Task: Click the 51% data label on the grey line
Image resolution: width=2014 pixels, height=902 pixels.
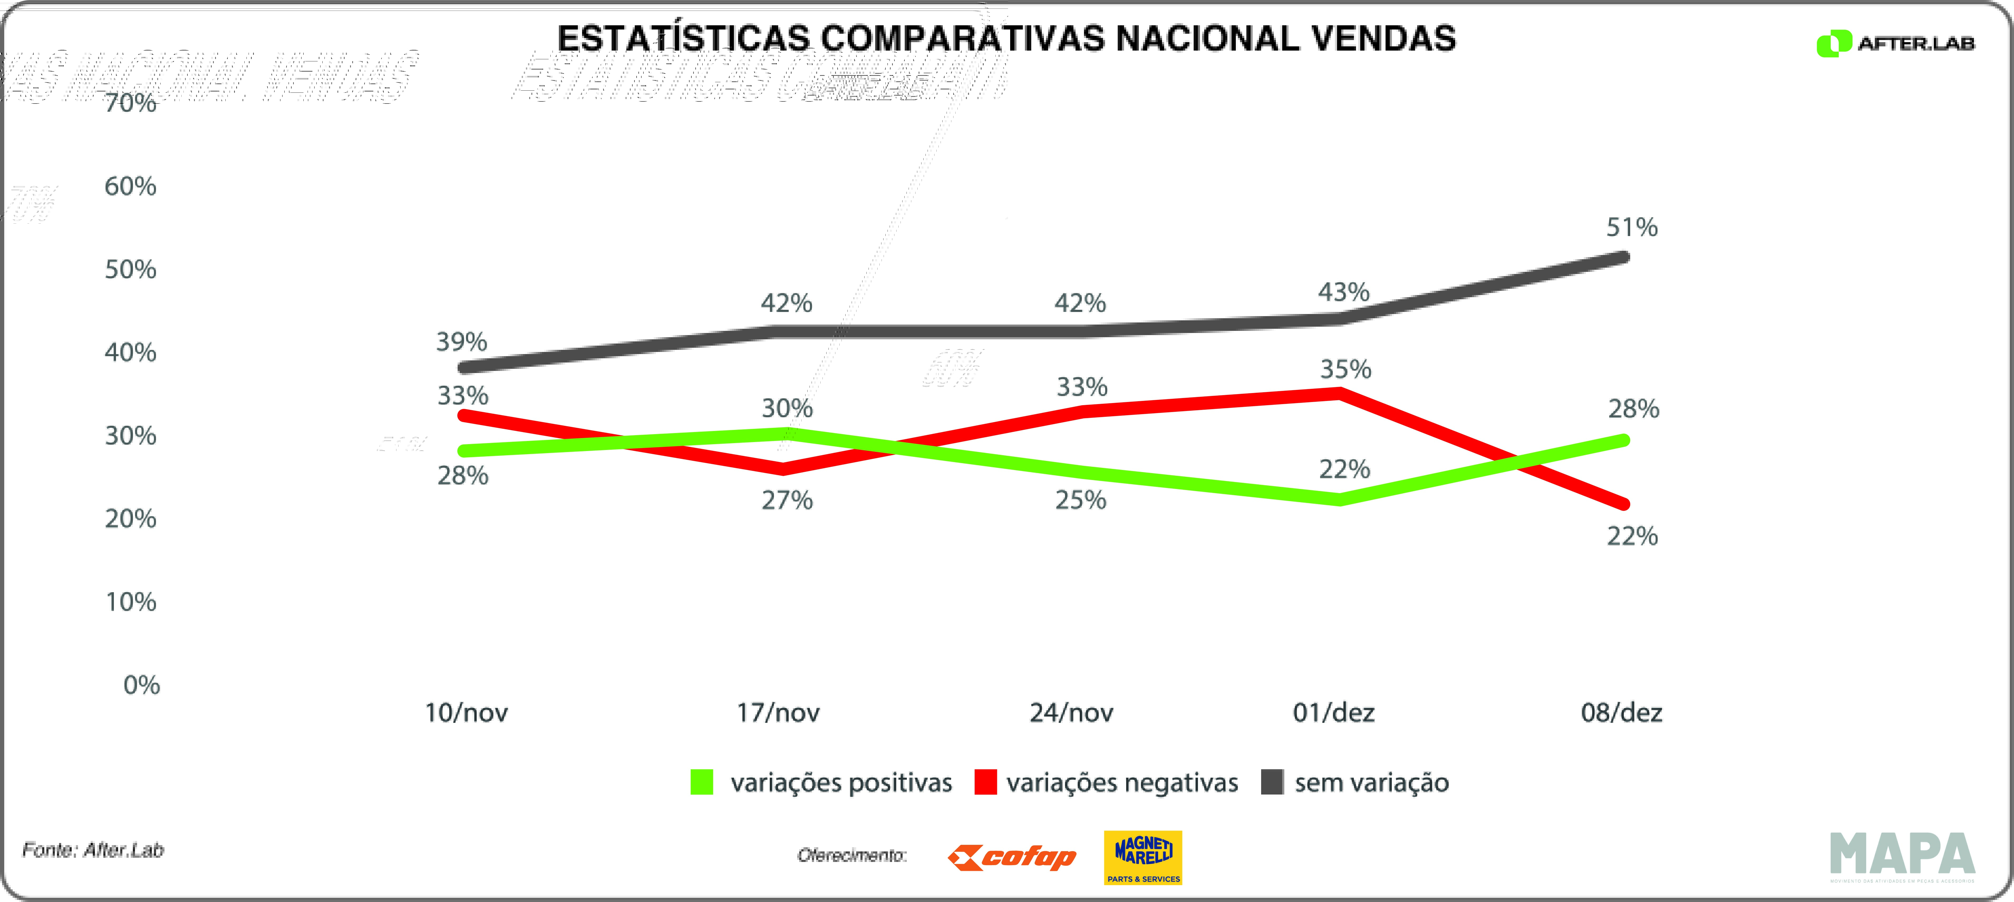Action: point(1632,227)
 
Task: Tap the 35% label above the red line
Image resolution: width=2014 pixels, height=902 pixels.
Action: point(1345,369)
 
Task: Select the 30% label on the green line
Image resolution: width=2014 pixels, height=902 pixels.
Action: point(787,408)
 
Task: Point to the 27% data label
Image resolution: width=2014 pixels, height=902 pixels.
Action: point(787,500)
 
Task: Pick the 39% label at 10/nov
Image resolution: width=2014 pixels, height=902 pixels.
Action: point(461,342)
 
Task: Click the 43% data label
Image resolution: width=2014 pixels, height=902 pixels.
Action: point(1344,292)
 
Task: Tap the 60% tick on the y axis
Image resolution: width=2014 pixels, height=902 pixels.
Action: point(130,186)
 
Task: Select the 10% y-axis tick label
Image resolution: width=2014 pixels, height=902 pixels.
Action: point(130,602)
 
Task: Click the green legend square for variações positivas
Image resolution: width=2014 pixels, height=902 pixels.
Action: point(702,782)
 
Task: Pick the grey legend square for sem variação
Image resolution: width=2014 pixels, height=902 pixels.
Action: point(1272,782)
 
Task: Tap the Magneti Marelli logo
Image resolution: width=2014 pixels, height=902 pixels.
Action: point(1143,857)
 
